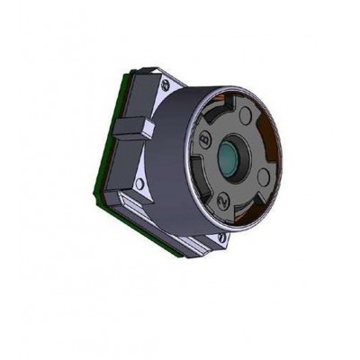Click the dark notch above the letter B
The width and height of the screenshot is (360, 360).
[x=205, y=121]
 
